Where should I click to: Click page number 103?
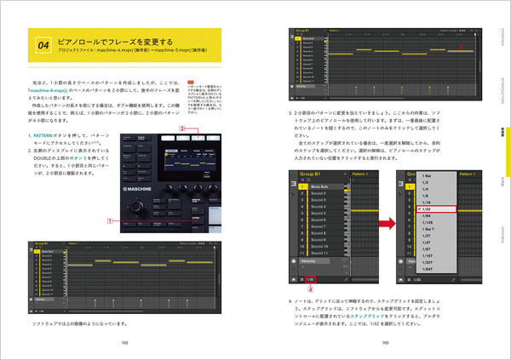385,342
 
